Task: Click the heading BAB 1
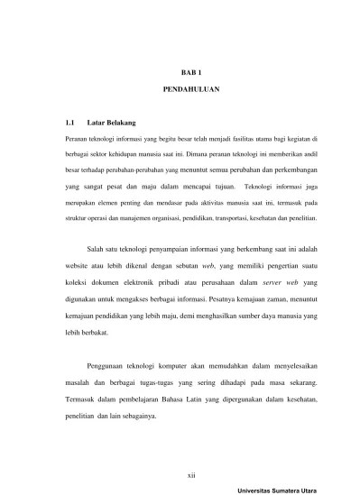click(180, 69)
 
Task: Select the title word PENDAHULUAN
click(180, 91)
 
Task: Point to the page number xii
click(180, 470)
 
